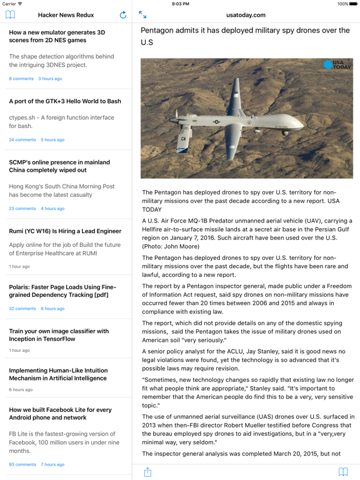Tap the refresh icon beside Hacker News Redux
tap(123, 15)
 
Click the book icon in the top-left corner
tap(10, 15)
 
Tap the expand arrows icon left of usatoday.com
tap(142, 15)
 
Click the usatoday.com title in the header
tap(246, 15)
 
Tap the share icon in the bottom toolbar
tap(147, 472)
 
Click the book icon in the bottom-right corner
tap(343, 472)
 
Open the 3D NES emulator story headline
tap(57, 36)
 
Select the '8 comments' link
tap(21, 79)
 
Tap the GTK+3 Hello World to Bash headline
tap(65, 101)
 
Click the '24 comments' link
tap(22, 140)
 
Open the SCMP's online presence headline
tap(59, 166)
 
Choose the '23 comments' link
tap(22, 209)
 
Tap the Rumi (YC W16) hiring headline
tap(65, 231)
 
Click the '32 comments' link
tap(22, 309)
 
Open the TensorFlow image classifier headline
tap(59, 335)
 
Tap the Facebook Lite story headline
tap(60, 414)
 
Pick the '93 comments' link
tap(22, 465)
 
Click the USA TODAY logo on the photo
tap(337, 65)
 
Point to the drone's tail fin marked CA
tap(184, 139)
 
